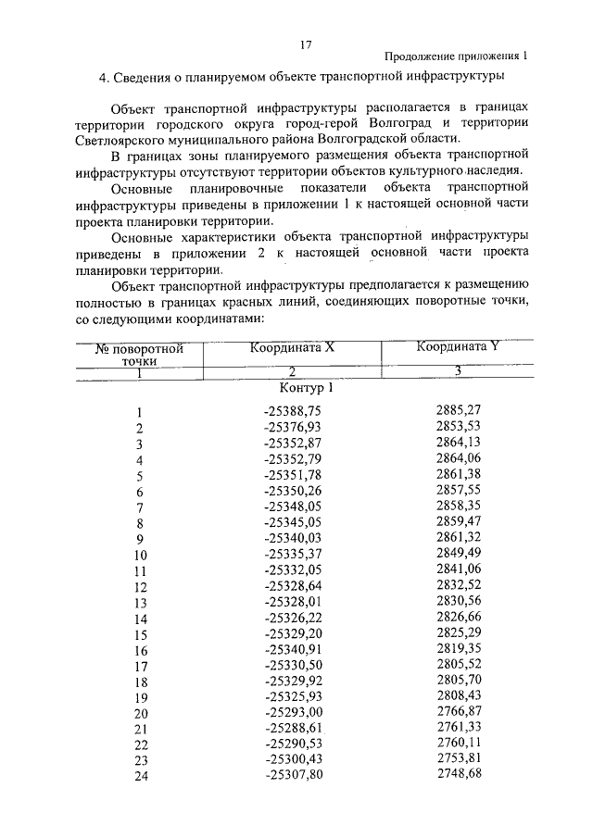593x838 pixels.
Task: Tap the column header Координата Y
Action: coord(458,347)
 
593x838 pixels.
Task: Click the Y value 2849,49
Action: coord(458,553)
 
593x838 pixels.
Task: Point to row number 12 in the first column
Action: coord(140,586)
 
